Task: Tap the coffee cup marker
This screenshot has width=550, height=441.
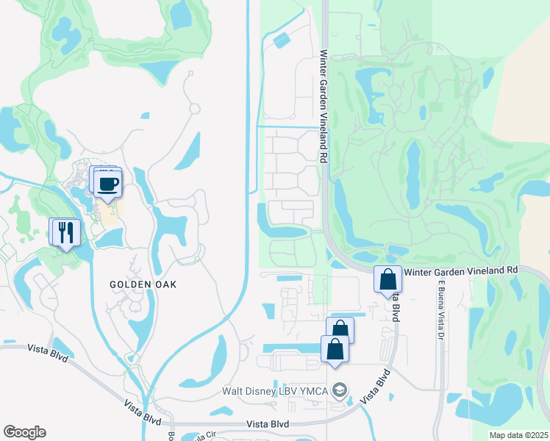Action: coord(108,184)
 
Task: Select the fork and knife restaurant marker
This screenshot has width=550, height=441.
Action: coord(67,233)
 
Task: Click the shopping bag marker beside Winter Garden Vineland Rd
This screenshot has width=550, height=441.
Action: coord(387,280)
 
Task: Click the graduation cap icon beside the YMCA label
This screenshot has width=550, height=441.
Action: coord(339,390)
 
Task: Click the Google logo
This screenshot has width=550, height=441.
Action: coord(24,432)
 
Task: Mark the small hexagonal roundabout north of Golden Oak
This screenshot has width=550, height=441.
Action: coord(194,108)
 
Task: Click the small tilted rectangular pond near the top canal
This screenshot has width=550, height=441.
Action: coord(281,40)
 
